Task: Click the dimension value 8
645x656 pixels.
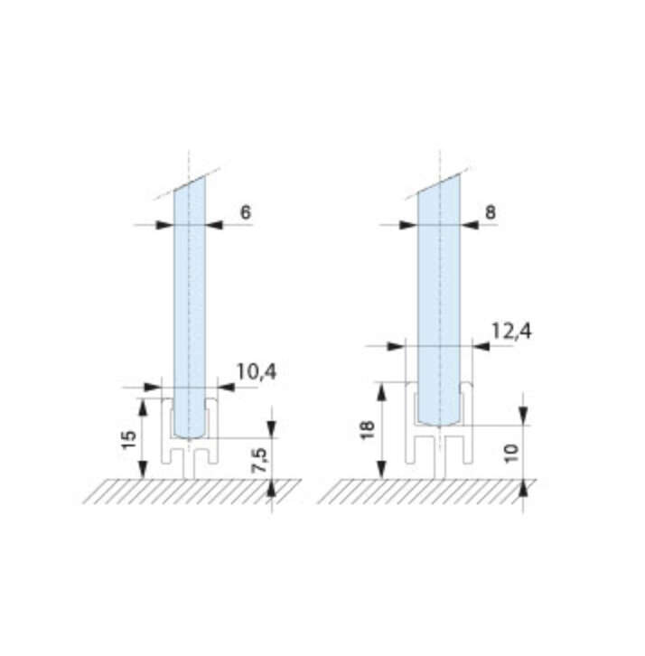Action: point(491,212)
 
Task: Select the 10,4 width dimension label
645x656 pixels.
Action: point(255,371)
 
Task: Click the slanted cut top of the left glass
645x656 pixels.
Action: point(190,184)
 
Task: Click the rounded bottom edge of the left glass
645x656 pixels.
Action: point(190,436)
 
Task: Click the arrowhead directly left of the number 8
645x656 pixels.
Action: point(468,225)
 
